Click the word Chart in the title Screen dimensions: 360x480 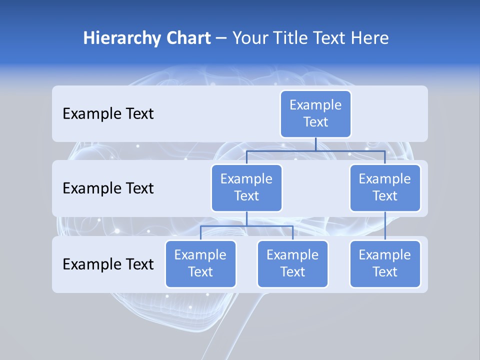187,38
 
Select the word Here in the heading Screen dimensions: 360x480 369,38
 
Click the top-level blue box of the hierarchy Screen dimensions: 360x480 315,113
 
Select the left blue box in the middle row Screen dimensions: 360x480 246,187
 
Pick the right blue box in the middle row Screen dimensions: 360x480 385,187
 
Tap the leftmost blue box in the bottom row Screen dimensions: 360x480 200,263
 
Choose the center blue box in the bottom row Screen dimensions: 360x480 292,263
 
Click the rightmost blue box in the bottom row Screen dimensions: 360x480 385,263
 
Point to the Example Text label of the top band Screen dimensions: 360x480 108,114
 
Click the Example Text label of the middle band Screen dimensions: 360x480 108,188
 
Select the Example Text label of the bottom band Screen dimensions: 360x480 108,264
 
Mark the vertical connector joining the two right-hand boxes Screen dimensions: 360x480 385,226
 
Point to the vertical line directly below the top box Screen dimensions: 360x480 315,144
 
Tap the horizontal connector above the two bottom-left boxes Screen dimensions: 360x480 225,225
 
